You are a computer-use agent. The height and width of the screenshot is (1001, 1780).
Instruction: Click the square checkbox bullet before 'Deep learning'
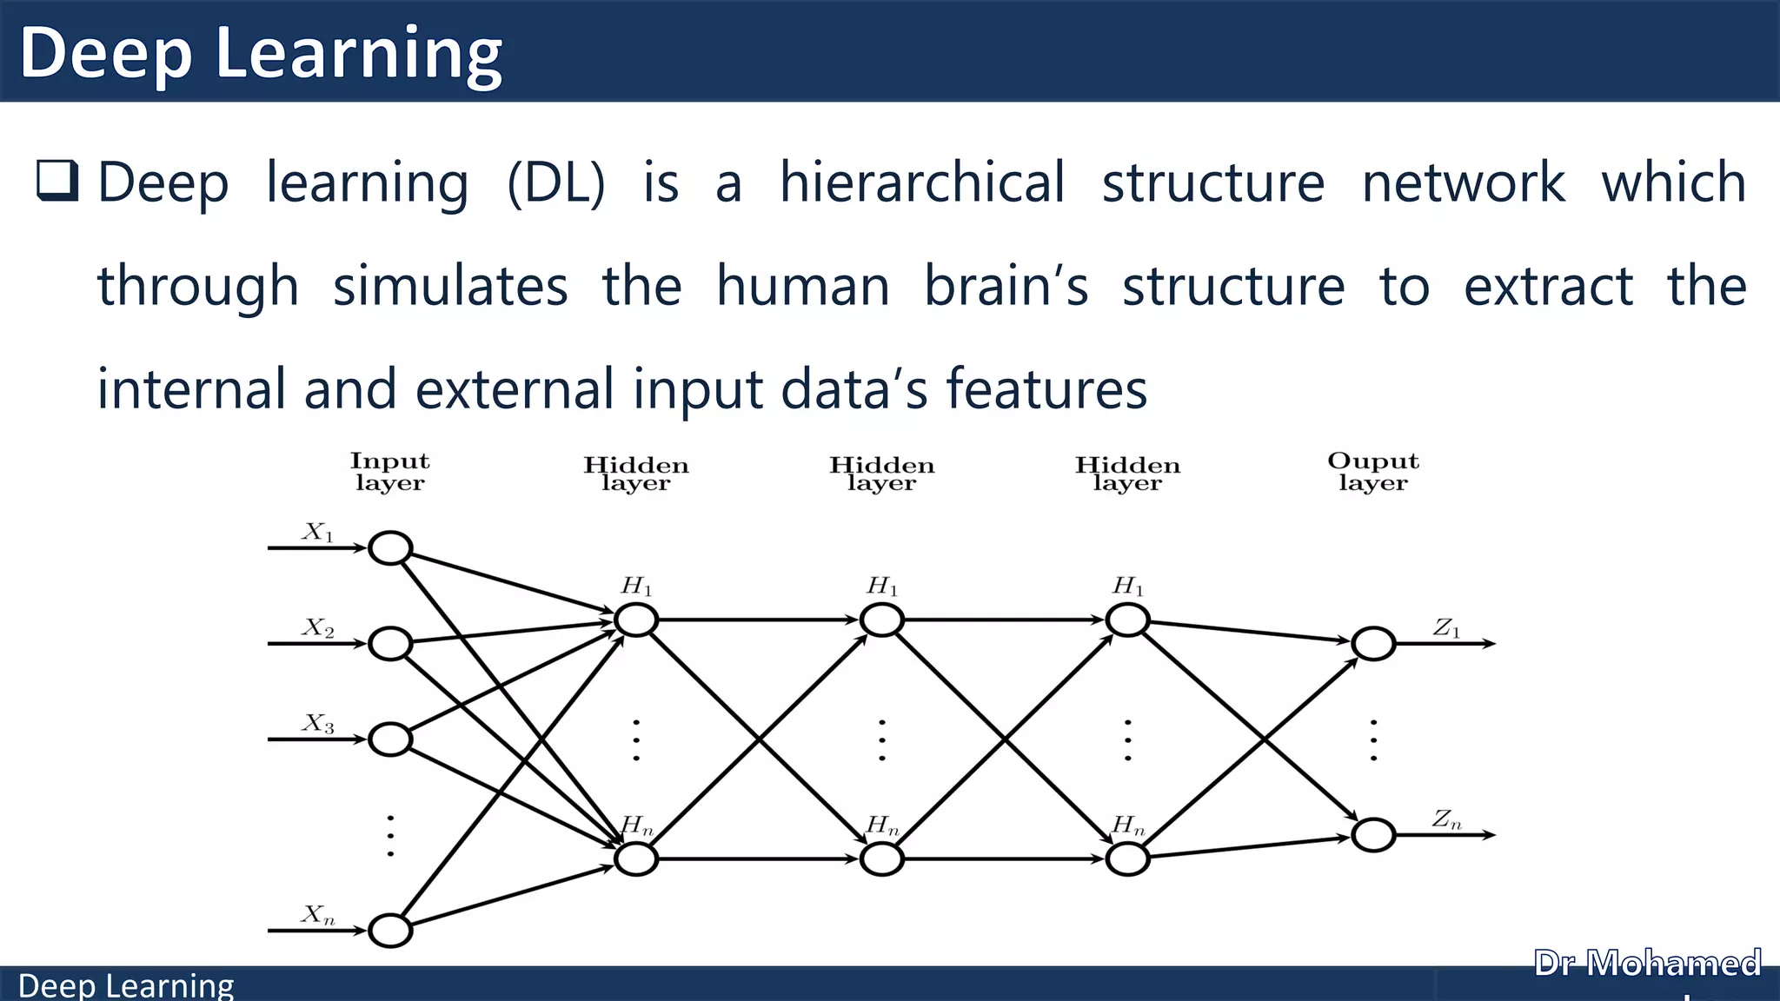(57, 181)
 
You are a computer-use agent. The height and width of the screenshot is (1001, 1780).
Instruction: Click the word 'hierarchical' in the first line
(921, 182)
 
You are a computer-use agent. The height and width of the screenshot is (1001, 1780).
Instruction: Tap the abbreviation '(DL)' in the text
(556, 182)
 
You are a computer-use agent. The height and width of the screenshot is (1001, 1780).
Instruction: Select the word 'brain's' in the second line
(1006, 286)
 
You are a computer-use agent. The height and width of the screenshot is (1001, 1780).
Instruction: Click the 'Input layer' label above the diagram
(389, 472)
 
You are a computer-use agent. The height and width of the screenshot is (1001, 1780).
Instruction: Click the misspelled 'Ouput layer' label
(1372, 472)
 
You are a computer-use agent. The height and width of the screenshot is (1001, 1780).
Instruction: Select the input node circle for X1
(390, 548)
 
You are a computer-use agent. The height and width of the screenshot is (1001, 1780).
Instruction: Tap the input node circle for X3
(390, 739)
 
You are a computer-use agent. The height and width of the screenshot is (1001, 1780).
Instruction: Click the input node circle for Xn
(390, 931)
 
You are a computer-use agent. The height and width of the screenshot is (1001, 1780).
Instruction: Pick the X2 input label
(318, 627)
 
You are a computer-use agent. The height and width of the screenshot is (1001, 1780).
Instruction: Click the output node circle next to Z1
(1373, 644)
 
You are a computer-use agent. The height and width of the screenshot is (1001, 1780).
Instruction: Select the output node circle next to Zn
(1373, 835)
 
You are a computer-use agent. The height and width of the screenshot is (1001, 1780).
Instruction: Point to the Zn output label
(1446, 819)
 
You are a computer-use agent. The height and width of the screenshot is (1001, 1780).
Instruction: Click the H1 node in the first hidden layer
(636, 620)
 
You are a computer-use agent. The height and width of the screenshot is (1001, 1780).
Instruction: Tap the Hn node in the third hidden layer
(1128, 859)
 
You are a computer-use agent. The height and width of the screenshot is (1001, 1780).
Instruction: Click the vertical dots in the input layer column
(390, 835)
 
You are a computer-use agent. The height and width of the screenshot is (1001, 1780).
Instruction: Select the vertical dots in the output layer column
(1373, 739)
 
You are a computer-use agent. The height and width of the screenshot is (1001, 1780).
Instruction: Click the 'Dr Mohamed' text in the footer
(1647, 964)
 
